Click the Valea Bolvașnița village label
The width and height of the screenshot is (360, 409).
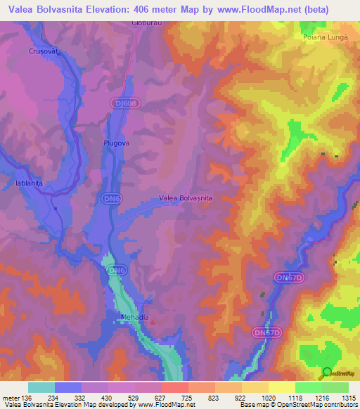coord(186,198)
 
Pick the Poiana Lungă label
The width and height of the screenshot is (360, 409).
coord(326,37)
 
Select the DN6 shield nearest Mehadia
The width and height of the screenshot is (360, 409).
coord(117,270)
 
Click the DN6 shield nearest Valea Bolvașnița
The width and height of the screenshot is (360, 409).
coord(107,198)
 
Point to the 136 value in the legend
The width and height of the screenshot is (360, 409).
coord(27,397)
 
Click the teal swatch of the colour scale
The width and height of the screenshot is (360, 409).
coord(41,387)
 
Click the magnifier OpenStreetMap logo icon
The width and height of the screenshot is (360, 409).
coord(326,374)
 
